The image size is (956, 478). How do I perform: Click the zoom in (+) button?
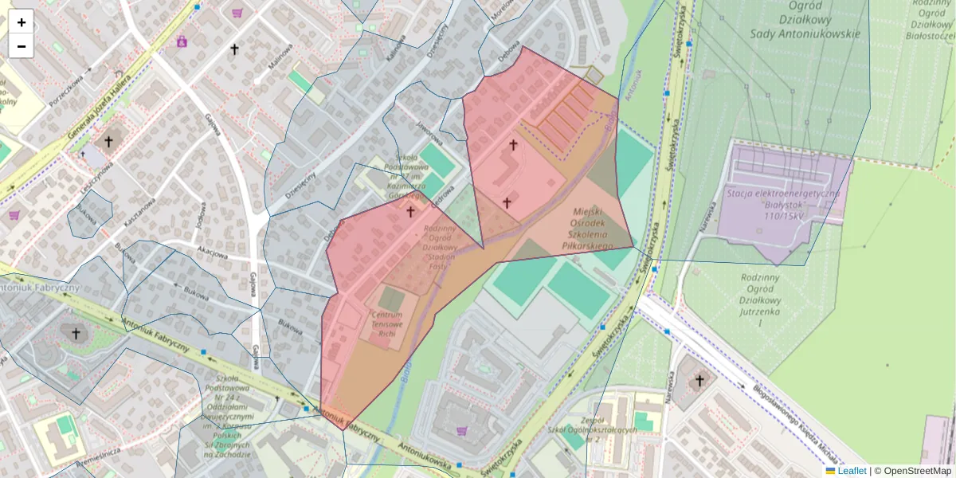22,22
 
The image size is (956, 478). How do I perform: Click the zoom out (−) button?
22,46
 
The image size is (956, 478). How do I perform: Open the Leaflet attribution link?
852,471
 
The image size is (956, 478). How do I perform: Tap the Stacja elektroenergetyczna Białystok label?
783,205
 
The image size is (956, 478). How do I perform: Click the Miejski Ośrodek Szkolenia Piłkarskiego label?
591,229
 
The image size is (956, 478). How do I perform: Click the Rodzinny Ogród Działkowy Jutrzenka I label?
761,302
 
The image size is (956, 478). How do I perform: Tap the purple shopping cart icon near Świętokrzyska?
461,431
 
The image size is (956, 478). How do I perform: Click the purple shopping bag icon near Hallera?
182,41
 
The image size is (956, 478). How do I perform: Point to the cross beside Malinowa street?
234,50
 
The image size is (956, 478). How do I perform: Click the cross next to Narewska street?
699,381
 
